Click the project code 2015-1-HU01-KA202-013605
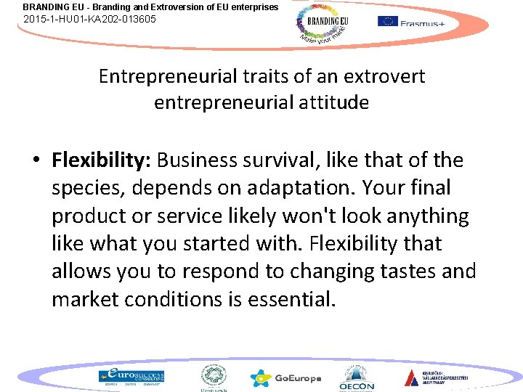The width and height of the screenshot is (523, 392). coord(89,20)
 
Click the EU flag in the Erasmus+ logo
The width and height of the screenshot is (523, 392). coord(387,21)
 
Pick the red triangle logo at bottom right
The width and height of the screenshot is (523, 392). coord(412,377)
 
